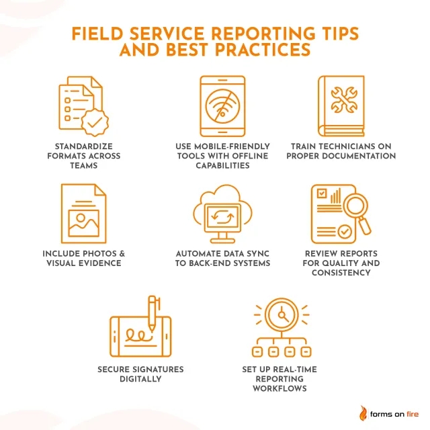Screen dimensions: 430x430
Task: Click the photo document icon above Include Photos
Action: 85,214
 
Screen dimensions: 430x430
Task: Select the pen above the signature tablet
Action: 152,313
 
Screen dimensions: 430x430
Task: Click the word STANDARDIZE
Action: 83,146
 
